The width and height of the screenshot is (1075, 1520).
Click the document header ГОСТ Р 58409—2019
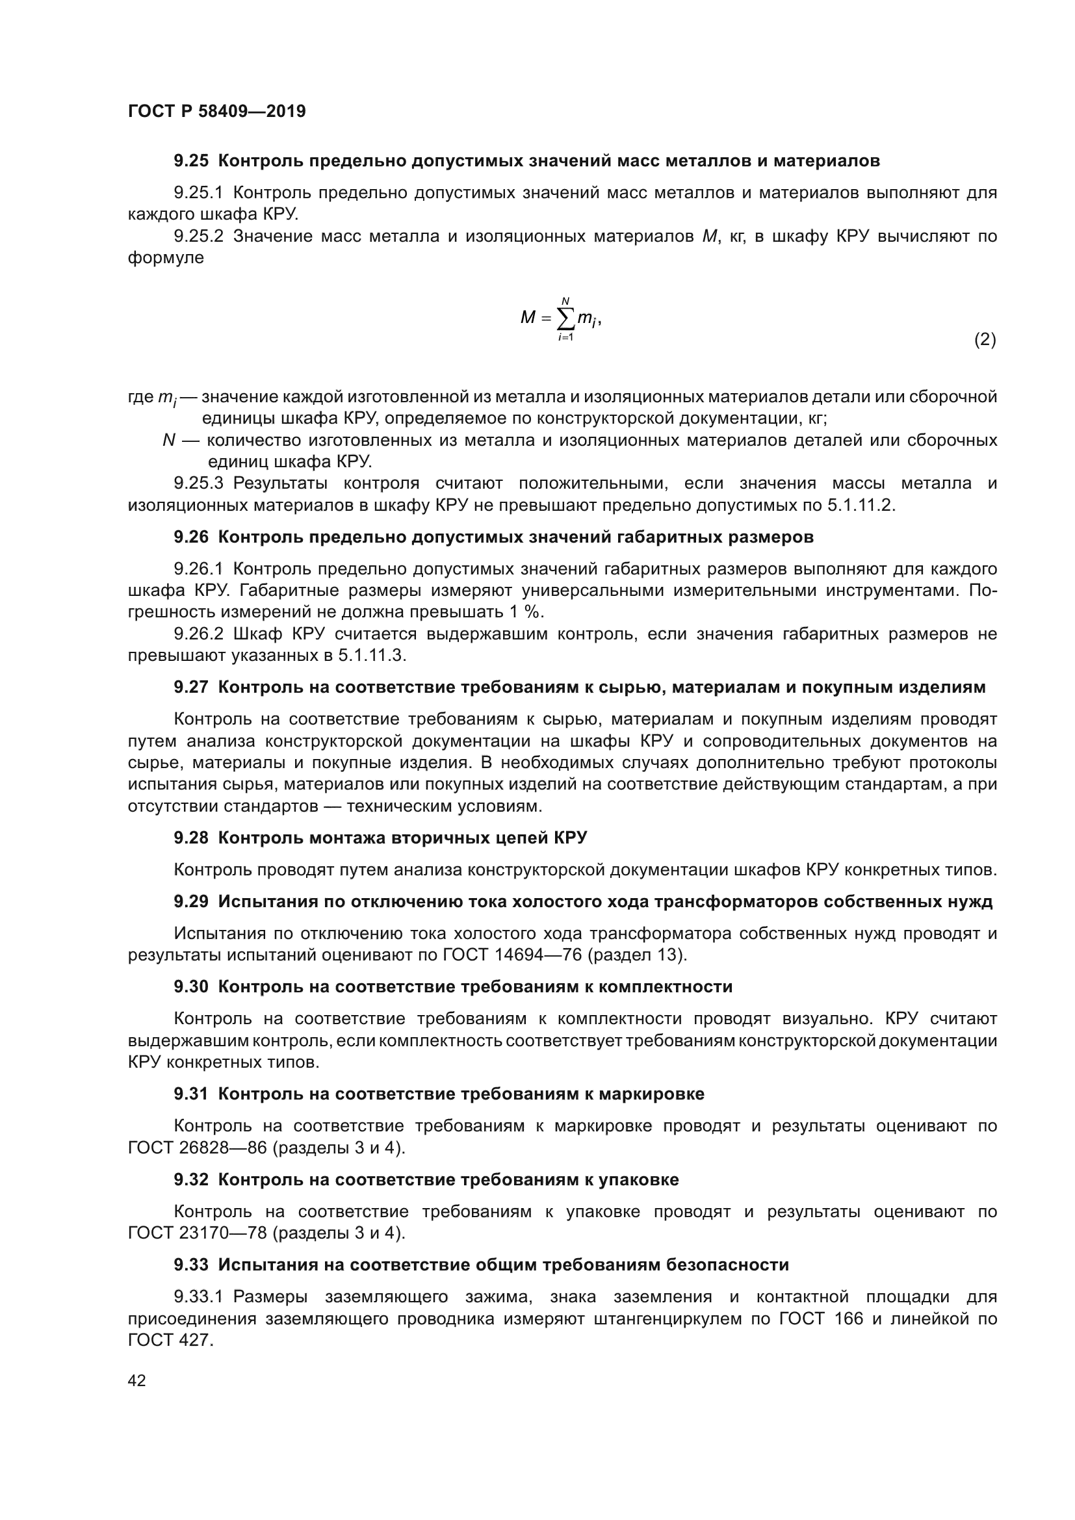[216, 111]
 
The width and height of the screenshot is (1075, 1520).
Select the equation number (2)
[984, 340]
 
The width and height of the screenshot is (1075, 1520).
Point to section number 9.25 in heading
[190, 161]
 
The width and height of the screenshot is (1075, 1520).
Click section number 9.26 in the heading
[190, 537]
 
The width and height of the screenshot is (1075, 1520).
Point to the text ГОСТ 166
[821, 1318]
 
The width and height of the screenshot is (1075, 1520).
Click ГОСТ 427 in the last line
[170, 1340]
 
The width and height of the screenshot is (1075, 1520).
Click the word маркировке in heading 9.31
[651, 1094]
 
